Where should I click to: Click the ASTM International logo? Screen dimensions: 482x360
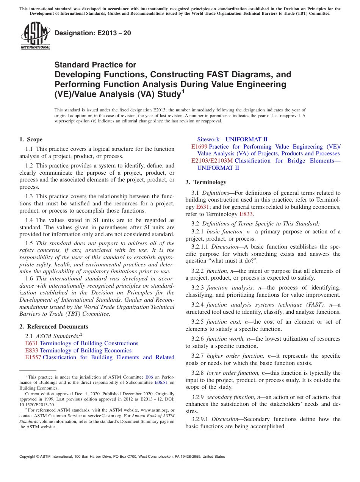point(35,36)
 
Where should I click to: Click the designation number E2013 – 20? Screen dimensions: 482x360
point(93,33)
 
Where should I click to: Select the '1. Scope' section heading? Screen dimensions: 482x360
point(31,139)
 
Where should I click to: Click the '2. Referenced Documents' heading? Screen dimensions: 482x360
point(54,327)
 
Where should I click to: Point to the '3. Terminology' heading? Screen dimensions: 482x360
point(206,182)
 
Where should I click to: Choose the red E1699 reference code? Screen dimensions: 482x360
point(199,147)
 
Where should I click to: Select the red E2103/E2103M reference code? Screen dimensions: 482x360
point(212,161)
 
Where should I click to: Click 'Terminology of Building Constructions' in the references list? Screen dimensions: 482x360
point(89,343)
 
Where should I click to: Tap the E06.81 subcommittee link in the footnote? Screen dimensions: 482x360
point(162,383)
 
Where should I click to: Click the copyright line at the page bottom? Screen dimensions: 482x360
point(122,457)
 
